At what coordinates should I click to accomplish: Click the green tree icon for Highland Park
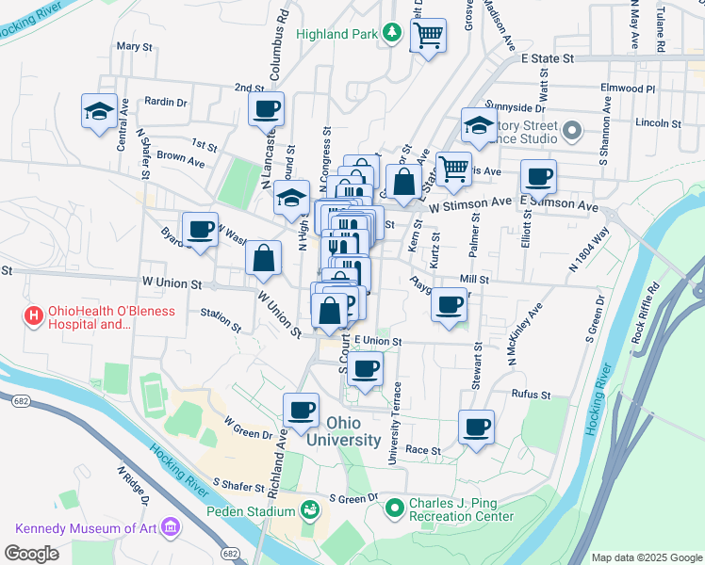click(392, 34)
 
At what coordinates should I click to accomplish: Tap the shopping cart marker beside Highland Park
click(428, 36)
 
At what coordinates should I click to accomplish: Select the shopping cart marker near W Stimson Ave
click(454, 169)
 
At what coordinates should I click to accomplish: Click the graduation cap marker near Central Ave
click(99, 111)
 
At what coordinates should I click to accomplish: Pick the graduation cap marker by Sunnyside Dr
click(479, 125)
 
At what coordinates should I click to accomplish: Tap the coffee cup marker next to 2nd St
click(267, 108)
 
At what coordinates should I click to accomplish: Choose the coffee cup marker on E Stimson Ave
click(538, 176)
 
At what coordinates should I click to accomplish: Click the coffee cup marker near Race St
click(477, 427)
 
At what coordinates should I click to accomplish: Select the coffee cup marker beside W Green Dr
click(302, 411)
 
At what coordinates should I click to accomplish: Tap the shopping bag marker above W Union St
click(264, 257)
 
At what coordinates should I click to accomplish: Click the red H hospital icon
click(33, 316)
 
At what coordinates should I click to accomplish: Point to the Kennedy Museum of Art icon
click(171, 526)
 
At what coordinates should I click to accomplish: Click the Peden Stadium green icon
click(309, 510)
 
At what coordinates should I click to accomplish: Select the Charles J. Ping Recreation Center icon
click(394, 509)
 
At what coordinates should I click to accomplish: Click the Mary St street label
click(134, 46)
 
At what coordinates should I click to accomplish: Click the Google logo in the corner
click(32, 553)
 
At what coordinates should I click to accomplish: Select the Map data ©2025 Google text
click(646, 557)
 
